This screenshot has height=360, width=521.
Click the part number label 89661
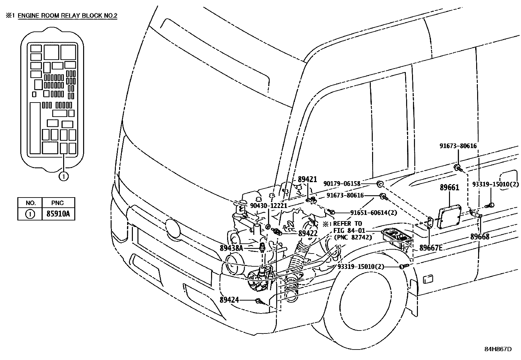449,188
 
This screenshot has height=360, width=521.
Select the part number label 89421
307,180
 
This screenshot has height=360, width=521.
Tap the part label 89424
229,300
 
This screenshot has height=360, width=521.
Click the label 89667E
431,248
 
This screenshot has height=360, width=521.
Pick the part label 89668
480,237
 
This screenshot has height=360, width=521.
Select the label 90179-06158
342,184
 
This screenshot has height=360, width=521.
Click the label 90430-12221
268,206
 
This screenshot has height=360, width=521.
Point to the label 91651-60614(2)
374,212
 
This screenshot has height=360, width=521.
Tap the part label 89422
308,233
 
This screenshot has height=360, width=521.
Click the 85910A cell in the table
58,214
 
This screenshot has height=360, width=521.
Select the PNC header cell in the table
58,202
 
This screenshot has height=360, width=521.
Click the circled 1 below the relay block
63,177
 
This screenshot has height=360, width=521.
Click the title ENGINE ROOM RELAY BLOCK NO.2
67,15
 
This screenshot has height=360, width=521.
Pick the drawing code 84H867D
497,349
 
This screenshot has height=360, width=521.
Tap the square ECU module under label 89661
449,217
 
